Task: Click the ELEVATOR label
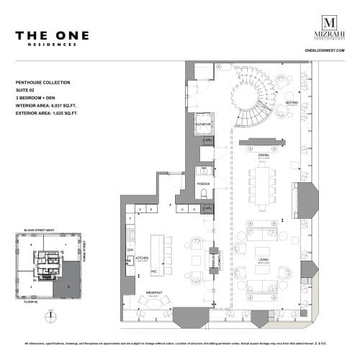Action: pyautogui.click(x=203, y=124)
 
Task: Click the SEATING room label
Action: pyautogui.click(x=291, y=102)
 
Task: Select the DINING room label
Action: pyautogui.click(x=264, y=155)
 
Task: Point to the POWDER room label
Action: pyautogui.click(x=203, y=184)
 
